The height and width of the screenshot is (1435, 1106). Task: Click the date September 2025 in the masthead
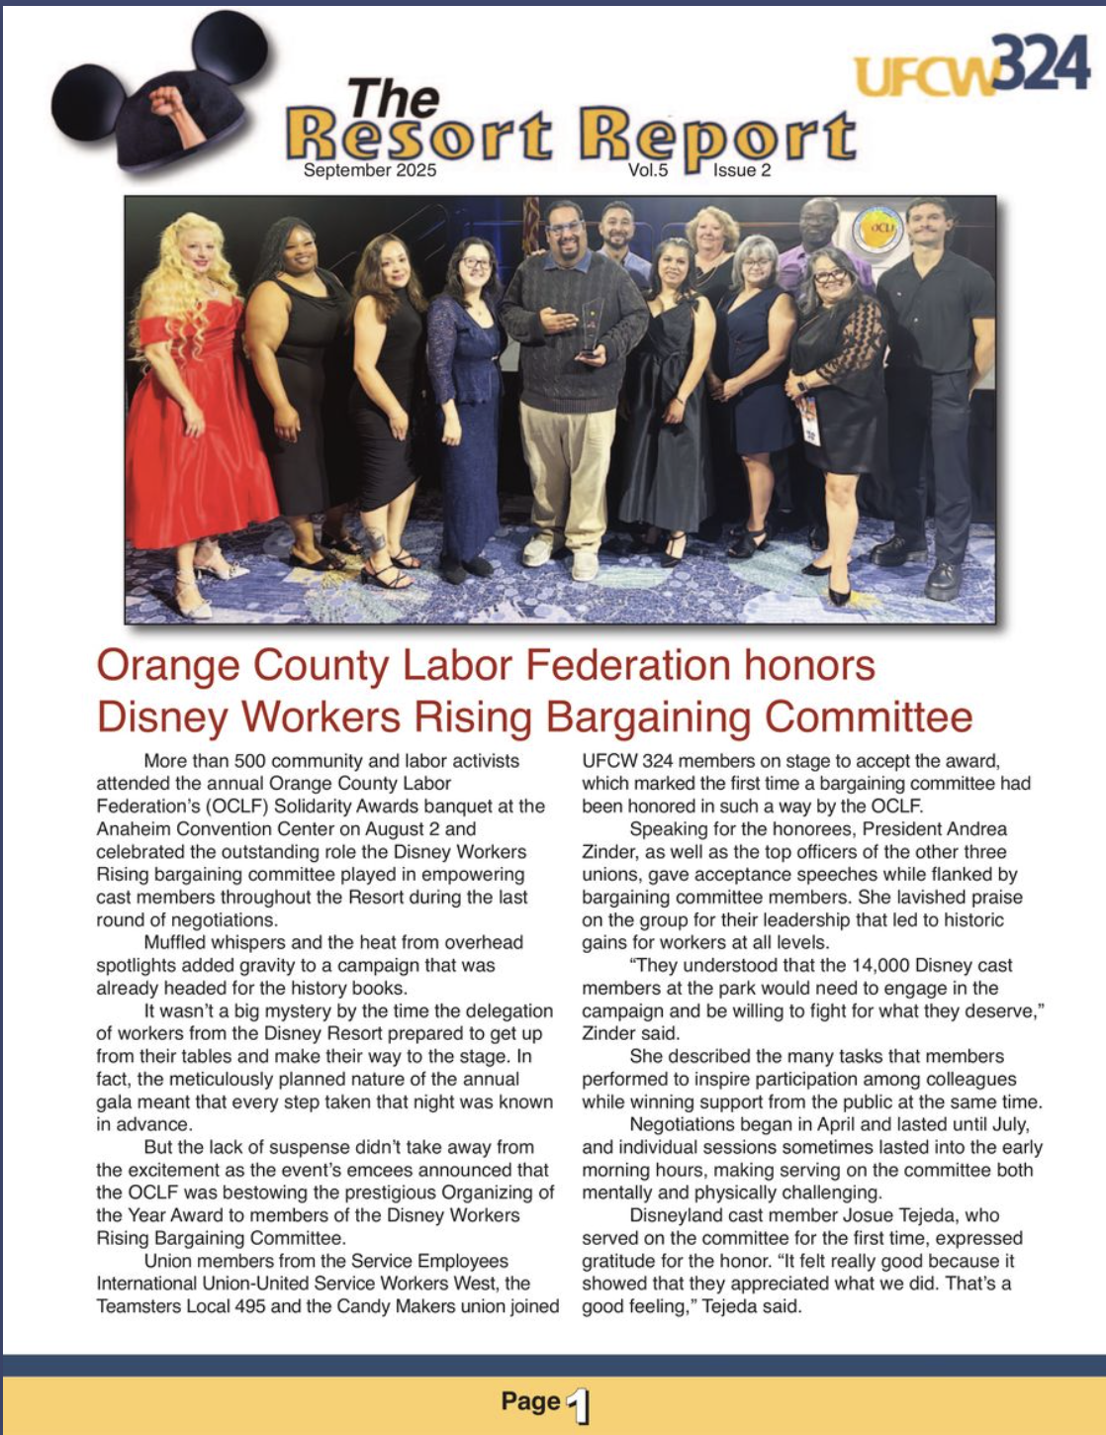click(369, 170)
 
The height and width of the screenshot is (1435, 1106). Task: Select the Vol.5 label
click(648, 170)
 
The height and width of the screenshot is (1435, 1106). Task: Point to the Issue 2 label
click(742, 170)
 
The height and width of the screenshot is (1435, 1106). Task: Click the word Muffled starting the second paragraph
click(180, 943)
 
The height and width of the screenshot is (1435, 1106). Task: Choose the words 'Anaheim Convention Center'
click(204, 829)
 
